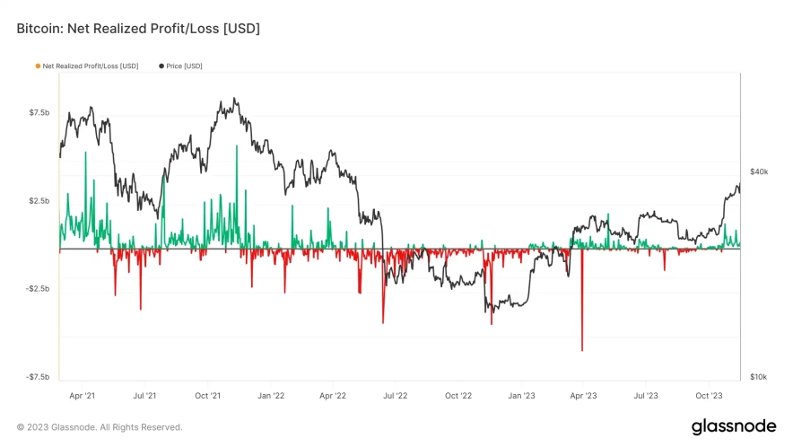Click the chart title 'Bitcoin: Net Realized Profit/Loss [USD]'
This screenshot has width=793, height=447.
[x=138, y=30]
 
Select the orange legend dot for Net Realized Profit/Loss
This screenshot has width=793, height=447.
[x=37, y=66]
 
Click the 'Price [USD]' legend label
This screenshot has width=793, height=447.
[x=184, y=66]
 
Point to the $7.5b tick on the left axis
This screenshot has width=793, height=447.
[x=39, y=112]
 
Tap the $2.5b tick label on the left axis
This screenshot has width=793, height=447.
[x=39, y=200]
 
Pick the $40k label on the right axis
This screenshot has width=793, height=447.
[x=758, y=171]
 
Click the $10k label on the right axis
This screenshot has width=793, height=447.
[x=758, y=377]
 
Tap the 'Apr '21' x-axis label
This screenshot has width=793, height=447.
[x=83, y=394]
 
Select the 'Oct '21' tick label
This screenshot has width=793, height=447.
[x=208, y=394]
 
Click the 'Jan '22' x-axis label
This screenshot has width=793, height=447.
[x=271, y=394]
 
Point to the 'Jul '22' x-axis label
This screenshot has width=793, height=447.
[x=396, y=394]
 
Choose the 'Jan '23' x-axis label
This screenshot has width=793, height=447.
[x=521, y=394]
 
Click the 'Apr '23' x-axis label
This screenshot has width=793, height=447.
[x=583, y=394]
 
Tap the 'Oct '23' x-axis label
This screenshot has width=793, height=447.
[x=709, y=394]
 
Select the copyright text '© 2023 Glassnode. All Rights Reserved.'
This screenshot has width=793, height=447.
[x=100, y=427]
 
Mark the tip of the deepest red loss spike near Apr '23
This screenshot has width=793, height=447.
[x=582, y=350]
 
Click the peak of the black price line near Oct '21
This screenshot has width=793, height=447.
[x=234, y=99]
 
